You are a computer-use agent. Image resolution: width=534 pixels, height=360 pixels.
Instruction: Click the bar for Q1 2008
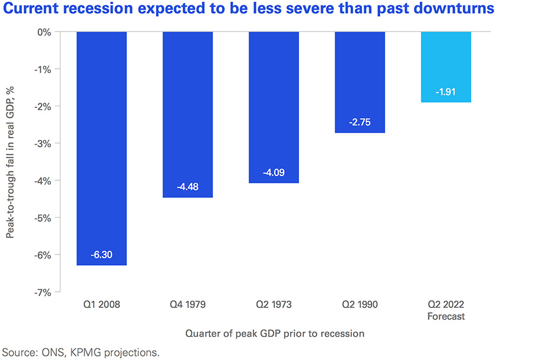click(102, 148)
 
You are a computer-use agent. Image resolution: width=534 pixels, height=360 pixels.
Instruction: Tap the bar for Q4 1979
click(187, 113)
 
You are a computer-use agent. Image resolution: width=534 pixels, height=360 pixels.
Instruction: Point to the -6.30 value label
click(102, 255)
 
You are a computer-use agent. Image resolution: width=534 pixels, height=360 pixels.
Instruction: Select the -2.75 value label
click(360, 123)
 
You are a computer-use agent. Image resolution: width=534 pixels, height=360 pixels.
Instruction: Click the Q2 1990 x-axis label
click(360, 305)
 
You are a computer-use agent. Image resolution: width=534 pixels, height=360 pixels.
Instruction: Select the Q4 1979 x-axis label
click(187, 305)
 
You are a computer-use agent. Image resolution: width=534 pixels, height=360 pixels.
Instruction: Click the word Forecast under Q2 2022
click(446, 316)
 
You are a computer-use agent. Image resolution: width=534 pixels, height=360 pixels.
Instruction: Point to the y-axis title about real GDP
click(11, 161)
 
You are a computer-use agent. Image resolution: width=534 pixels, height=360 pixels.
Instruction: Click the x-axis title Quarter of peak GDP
click(274, 333)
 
